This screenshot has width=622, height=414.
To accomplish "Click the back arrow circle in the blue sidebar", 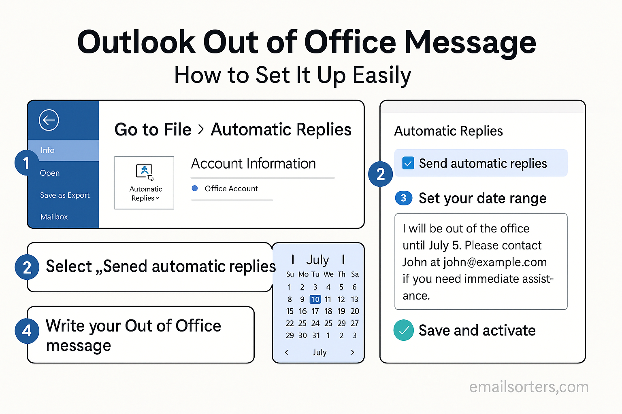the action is click(49, 120).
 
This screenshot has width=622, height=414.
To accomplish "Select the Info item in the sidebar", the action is click(47, 150).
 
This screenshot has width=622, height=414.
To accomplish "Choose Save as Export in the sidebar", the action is click(65, 195).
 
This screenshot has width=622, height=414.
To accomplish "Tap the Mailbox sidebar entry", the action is click(54, 217).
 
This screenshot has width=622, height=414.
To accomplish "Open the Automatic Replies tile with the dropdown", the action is click(145, 182).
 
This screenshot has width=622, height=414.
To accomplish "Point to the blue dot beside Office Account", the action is click(195, 188).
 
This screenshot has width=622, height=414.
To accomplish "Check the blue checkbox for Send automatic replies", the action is click(408, 163).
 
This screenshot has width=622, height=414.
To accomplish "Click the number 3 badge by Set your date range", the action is click(403, 198).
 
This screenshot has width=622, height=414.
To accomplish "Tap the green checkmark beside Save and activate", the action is click(404, 330).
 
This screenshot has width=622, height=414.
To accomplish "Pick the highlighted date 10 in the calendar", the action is click(315, 299).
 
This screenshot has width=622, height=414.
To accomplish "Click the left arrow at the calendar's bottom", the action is click(287, 353).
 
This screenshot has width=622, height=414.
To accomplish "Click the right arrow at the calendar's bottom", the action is click(353, 353).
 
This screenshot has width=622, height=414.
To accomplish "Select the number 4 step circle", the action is click(27, 331).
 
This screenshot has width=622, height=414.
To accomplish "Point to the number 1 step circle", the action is click(26, 163).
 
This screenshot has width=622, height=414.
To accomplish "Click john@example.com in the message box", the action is click(495, 262).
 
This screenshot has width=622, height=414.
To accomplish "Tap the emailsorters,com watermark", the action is click(529, 387).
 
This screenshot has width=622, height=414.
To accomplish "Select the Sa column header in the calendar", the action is click(355, 274).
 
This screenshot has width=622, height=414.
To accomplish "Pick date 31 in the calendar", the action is click(316, 336).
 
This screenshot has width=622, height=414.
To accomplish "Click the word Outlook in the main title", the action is click(136, 42).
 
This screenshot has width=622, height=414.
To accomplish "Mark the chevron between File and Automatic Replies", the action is click(201, 129).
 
